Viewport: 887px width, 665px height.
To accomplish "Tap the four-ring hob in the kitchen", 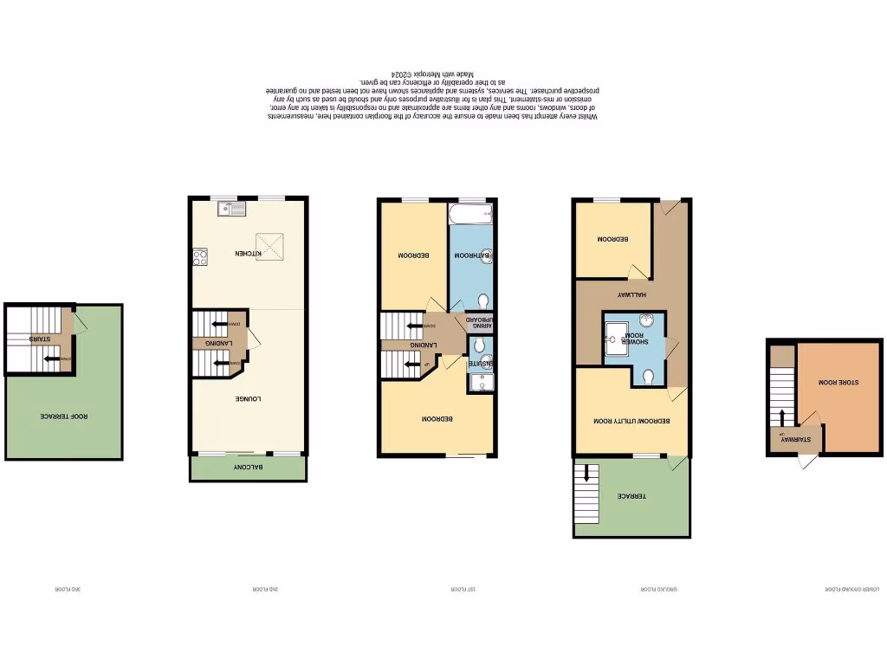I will point(199,256).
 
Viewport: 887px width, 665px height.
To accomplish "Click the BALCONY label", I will point(247,468).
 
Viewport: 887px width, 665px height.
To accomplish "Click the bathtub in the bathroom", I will point(470,211).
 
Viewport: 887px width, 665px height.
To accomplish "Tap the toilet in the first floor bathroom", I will point(482,300).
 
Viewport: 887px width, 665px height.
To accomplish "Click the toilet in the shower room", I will point(649,375).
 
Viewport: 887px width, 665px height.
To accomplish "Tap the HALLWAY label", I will point(633,294).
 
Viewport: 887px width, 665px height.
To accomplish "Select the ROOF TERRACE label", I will point(64,416).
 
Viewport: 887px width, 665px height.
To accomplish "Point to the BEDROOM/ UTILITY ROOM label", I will point(631,421).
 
